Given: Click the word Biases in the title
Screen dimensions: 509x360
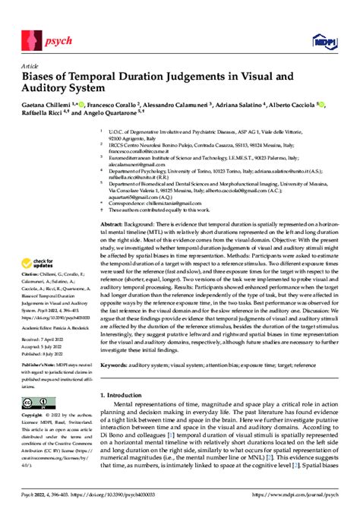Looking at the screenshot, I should (43, 76).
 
